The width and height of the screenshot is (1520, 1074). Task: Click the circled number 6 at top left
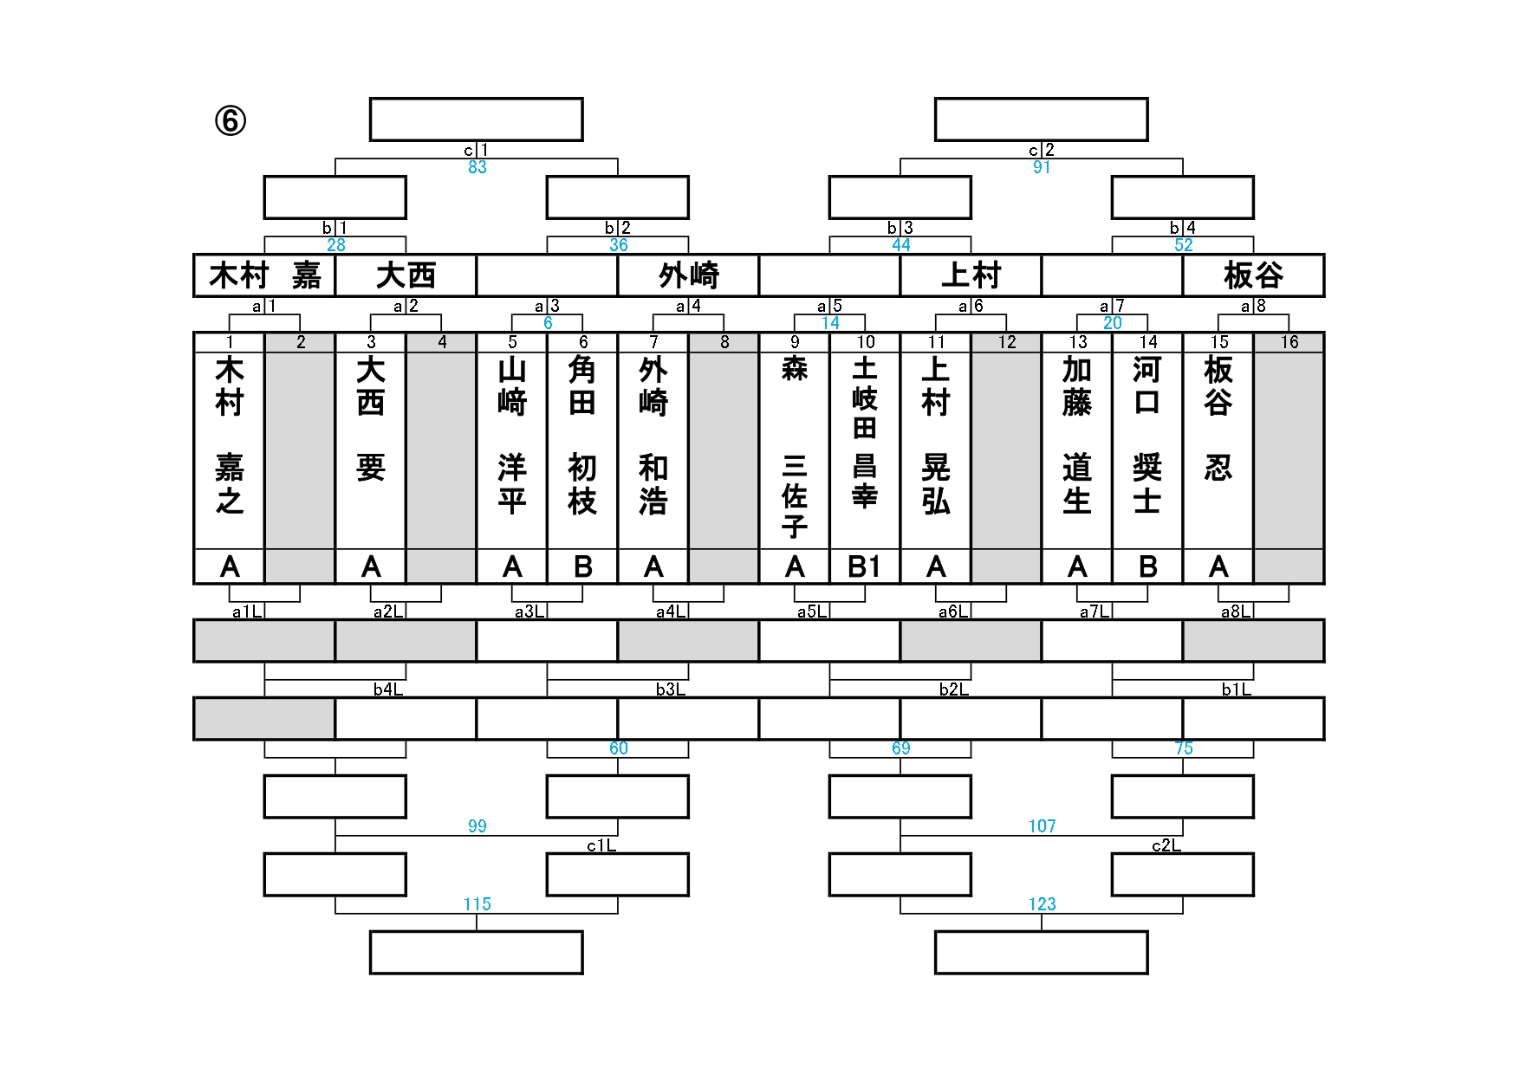tap(231, 121)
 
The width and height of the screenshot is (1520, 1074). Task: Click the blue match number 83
tap(477, 167)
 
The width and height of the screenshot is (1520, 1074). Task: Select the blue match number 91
tap(1042, 167)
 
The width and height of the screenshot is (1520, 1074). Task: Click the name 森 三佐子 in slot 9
tap(795, 445)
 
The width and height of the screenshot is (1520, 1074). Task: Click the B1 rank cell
tap(865, 566)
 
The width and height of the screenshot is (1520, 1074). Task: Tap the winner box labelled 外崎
tap(688, 275)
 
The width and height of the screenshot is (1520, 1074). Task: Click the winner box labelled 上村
tap(971, 275)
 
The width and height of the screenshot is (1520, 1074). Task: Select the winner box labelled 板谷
tap(1253, 275)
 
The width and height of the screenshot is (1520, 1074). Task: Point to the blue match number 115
tap(477, 904)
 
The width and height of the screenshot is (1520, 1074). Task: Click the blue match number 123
tap(1042, 904)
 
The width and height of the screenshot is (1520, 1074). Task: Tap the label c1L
tap(601, 845)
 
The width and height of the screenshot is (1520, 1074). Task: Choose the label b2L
tap(953, 689)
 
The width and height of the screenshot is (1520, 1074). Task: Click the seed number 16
tap(1289, 342)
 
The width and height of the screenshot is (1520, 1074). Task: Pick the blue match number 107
tap(1042, 826)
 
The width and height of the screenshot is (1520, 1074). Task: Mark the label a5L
tap(812, 611)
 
